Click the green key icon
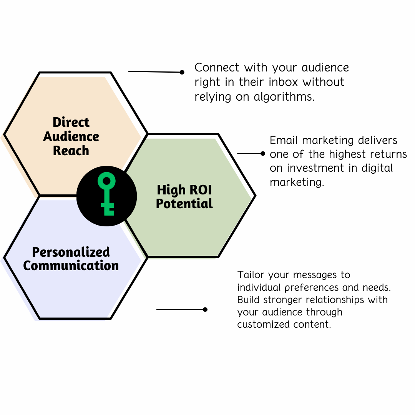point(107,194)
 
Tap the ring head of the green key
point(106,181)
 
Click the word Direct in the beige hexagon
point(71,122)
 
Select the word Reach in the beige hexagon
point(71,151)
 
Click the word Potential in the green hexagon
point(184,204)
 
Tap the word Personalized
point(71,252)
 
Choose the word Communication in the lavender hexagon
point(71,266)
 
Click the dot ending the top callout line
point(182,72)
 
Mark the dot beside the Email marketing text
point(263,153)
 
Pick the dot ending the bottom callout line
point(205,309)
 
